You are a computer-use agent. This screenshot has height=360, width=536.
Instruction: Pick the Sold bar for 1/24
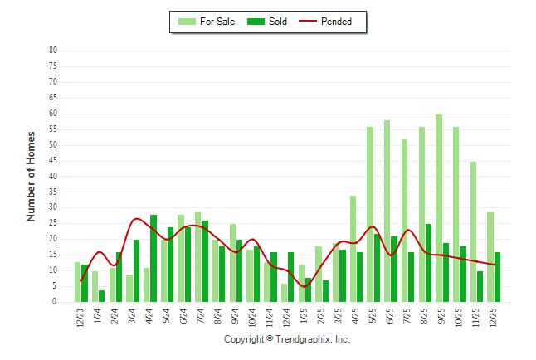tap(102, 296)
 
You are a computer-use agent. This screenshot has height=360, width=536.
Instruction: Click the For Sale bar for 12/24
tap(285, 293)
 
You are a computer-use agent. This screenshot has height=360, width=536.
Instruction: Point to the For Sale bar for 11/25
tap(473, 232)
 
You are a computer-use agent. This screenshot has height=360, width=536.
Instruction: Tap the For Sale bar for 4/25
tap(353, 249)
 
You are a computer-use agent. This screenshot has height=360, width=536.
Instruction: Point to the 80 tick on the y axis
tap(52, 51)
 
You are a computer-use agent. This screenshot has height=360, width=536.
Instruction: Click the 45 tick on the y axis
tap(52, 161)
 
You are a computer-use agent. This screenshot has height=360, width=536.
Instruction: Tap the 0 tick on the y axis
tap(55, 303)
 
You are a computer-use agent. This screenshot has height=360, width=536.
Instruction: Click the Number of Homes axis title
tap(31, 176)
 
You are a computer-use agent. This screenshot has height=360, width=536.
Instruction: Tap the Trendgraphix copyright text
tap(287, 340)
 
